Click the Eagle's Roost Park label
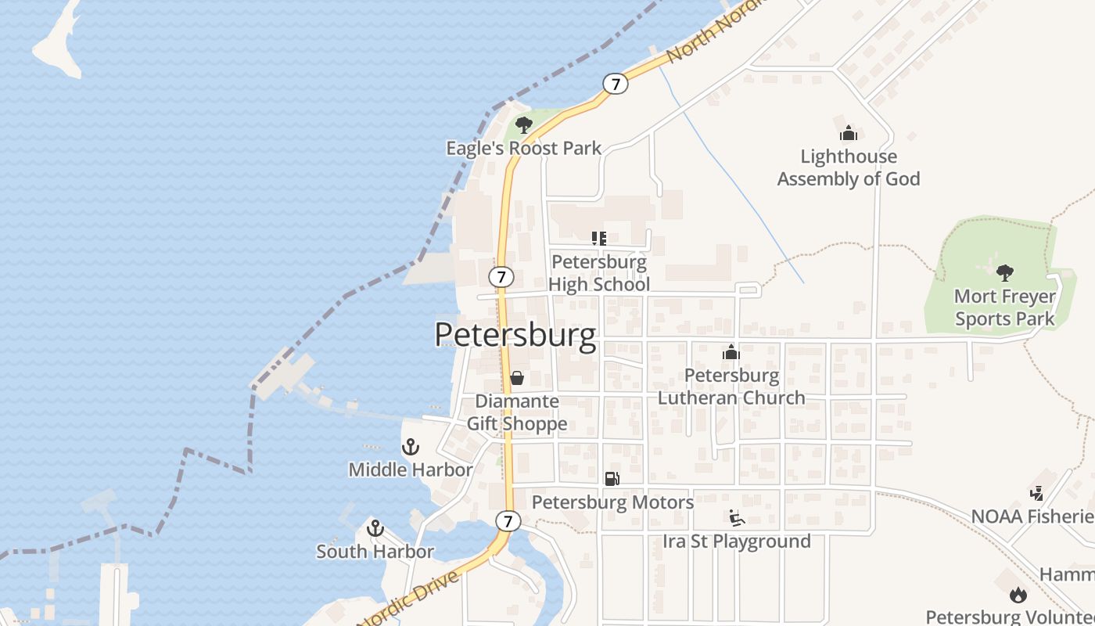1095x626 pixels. coord(523,148)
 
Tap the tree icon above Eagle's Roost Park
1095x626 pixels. coord(523,124)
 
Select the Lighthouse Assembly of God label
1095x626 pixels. coord(848,167)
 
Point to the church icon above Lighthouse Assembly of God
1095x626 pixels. coord(849,133)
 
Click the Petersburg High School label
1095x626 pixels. coord(598,272)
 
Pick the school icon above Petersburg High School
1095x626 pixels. coord(598,238)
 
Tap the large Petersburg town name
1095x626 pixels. coord(515,334)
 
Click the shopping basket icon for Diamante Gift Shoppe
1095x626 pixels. coord(516,378)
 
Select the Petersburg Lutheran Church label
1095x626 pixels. coord(731,387)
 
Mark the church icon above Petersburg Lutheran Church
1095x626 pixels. coord(731,352)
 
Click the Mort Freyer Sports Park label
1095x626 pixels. coord(1004,308)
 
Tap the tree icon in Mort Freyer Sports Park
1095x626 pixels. coord(1005,273)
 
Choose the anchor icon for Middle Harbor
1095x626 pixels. coord(411,447)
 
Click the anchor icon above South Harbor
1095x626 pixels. coord(375,528)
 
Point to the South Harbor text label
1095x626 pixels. coord(375,552)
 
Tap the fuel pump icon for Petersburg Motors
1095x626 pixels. coord(612,478)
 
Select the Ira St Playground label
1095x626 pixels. coord(736,541)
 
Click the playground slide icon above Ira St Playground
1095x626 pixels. coord(736,518)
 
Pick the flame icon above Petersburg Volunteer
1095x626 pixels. coord(1018,595)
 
